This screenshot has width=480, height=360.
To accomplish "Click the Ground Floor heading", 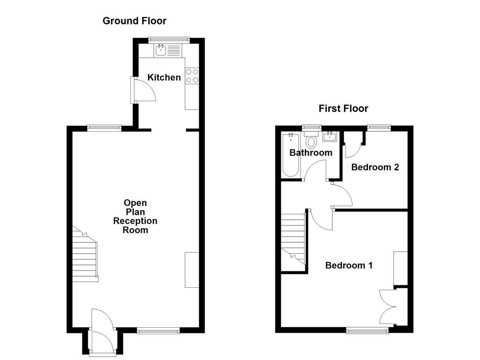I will [x=135, y=21].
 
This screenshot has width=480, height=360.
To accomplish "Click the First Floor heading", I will [x=343, y=109].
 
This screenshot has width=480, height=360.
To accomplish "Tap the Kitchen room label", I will [x=164, y=77].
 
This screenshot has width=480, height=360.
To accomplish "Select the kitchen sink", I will [x=161, y=50].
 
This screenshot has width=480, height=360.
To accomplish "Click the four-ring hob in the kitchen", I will [x=192, y=76].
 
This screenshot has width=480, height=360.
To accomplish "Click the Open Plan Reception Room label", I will [x=135, y=216].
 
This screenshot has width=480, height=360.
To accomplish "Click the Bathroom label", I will [x=311, y=152].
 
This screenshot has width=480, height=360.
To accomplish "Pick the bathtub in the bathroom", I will [x=291, y=155].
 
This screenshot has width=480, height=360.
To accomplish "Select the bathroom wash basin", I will [x=330, y=137].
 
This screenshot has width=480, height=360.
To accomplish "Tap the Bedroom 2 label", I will [x=375, y=167].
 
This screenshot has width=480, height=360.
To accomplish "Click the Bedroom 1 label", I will [x=349, y=265].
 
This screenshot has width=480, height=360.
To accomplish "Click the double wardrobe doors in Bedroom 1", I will [x=389, y=307].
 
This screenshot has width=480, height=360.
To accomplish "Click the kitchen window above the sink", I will [x=169, y=40].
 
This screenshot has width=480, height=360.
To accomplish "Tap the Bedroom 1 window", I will [x=367, y=331].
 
